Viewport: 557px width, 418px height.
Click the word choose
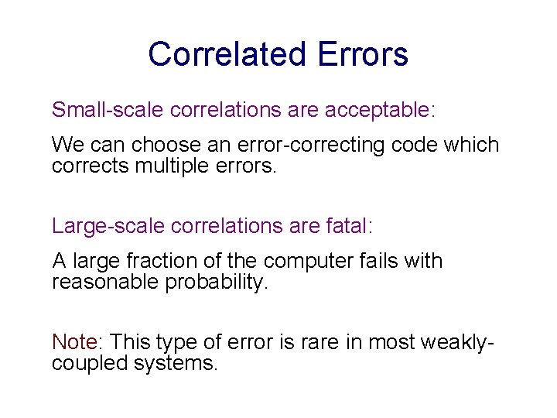tap(161, 146)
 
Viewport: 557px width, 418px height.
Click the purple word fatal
tap(348, 225)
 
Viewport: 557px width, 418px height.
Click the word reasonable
tap(105, 282)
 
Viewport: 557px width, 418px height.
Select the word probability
tap(216, 282)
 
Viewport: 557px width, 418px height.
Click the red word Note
tap(75, 341)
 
